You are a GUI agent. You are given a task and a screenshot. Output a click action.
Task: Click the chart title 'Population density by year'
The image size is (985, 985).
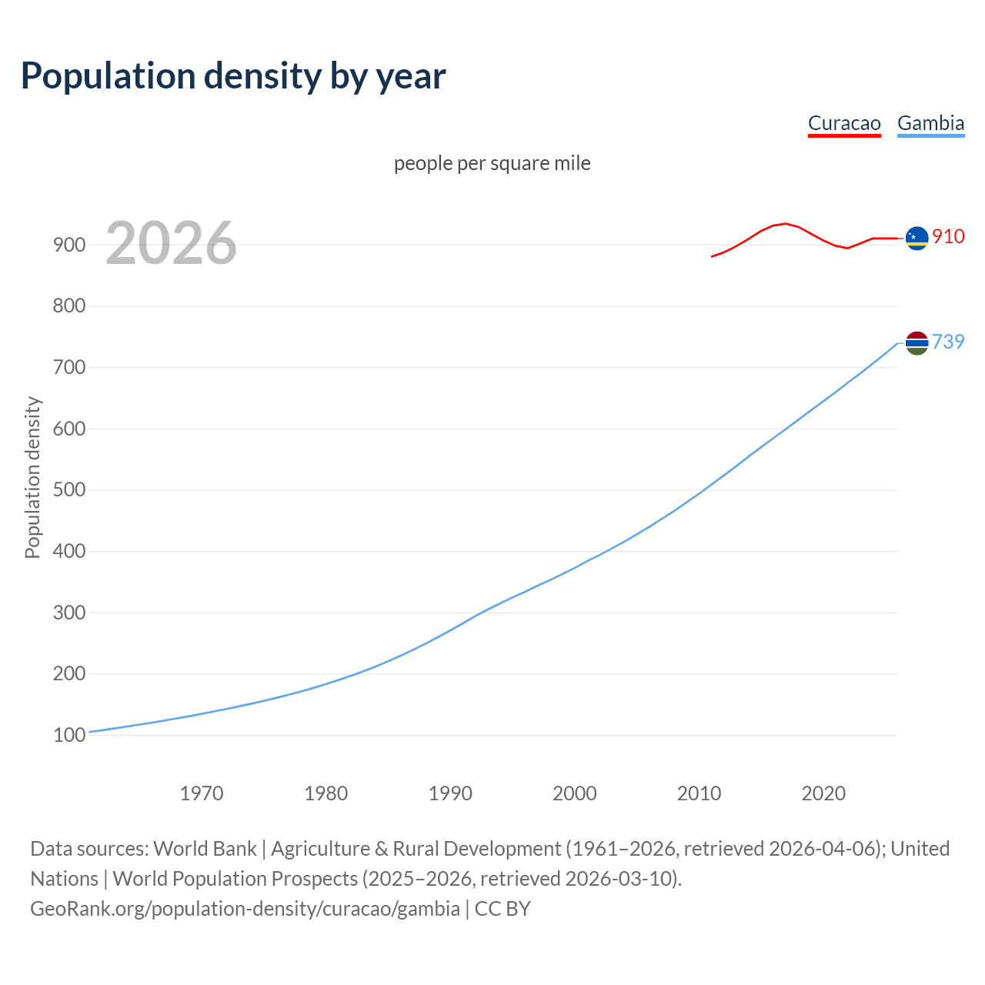coord(233,75)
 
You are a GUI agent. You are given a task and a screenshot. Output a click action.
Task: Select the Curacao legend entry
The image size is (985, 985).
coord(844,123)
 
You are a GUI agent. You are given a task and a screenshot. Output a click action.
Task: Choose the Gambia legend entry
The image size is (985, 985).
coord(930,123)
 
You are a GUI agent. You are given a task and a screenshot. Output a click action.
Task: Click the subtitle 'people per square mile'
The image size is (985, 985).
coord(492,163)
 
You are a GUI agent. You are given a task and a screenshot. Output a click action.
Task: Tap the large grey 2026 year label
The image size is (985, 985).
coord(171,243)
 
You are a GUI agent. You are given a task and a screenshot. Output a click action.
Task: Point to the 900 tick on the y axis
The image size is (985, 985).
coord(68,245)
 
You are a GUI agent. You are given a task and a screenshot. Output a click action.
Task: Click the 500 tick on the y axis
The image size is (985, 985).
coord(68,490)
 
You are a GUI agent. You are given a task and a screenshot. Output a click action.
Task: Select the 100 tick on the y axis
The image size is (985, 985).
coord(68,736)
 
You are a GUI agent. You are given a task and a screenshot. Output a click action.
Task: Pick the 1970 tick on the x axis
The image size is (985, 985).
coord(202,793)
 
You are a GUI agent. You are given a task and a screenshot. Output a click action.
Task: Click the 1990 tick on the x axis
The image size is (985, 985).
coord(450,793)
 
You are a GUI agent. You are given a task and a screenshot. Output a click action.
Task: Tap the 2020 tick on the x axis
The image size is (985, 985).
coord(823,793)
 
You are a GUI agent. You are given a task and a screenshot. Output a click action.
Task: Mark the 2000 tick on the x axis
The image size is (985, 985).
coord(575,793)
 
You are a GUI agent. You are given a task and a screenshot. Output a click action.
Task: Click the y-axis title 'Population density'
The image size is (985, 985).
coord(32,477)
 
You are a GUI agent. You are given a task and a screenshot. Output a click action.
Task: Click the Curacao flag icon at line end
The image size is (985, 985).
coord(917,239)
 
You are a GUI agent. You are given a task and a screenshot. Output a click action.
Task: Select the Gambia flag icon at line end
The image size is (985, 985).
coord(917,343)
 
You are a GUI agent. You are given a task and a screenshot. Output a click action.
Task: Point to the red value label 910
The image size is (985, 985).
coord(948,236)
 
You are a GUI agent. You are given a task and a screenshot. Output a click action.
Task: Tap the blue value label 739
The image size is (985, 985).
coord(948,342)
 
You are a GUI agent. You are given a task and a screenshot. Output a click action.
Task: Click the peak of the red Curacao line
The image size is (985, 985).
coord(784,223)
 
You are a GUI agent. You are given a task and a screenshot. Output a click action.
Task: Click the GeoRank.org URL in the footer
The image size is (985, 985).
coord(245,908)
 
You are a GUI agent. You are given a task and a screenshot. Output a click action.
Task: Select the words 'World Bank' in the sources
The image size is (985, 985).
coord(205,848)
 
